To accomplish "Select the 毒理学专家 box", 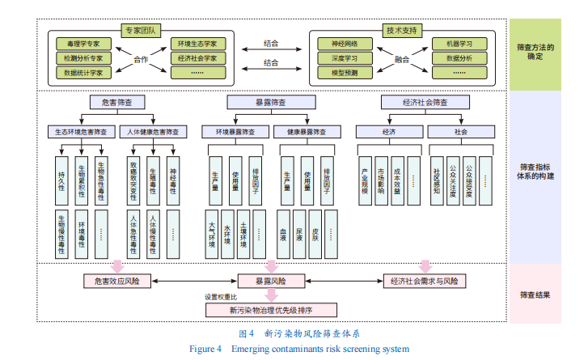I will (x=84, y=43).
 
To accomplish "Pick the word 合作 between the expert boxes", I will (x=142, y=58).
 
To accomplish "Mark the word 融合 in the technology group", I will (x=402, y=58).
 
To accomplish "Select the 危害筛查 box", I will (x=117, y=103).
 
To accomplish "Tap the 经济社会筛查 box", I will (x=425, y=103).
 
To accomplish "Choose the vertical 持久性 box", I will (x=61, y=176).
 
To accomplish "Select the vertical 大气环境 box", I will (x=212, y=234).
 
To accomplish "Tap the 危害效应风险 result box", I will (x=118, y=282).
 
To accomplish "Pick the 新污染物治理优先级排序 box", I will (x=270, y=309).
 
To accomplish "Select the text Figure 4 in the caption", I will (x=205, y=349).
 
